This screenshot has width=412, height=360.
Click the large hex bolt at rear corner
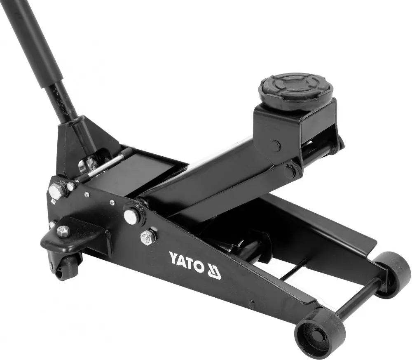56,191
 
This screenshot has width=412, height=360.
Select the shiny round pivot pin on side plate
131,216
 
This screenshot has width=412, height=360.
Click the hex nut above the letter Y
147,237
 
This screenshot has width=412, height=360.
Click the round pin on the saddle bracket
275,146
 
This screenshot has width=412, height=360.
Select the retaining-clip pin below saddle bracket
290,170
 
